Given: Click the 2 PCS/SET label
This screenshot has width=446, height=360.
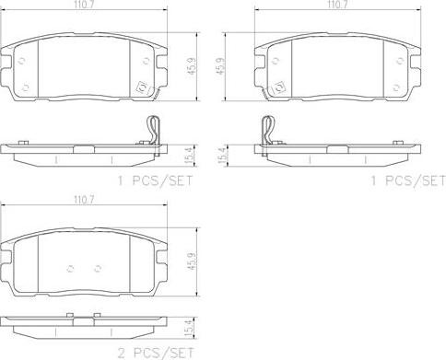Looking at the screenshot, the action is point(156,353).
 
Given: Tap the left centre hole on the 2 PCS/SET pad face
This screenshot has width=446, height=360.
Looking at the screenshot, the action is point(70,269).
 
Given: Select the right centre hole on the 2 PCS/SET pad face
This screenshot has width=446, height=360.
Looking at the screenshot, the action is point(98,269).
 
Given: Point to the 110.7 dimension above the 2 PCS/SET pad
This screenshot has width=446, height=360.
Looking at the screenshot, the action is point(84,201).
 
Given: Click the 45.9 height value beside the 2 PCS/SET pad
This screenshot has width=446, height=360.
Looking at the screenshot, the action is point(193,261).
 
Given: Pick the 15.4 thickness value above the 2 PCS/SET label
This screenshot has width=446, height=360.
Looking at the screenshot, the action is point(190,329).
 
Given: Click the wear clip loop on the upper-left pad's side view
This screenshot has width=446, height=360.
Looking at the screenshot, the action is point(153,130).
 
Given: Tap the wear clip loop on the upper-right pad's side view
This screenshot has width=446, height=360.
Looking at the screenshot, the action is point(268,130).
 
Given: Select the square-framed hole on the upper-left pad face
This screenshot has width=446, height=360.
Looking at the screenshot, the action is point(142,88).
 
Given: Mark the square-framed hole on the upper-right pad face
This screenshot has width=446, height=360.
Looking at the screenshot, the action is point(279,88).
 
